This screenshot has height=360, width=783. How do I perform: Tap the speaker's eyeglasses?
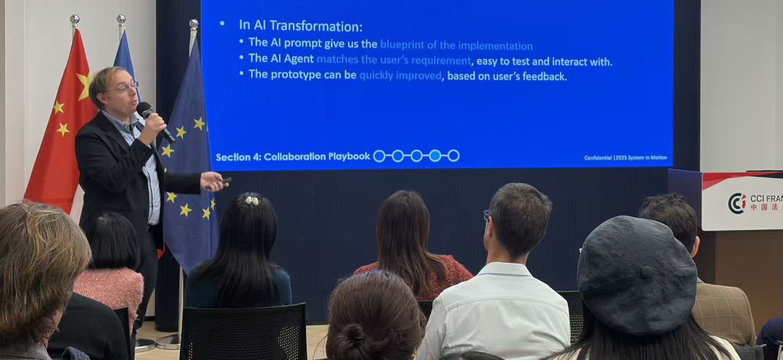coord(123,88)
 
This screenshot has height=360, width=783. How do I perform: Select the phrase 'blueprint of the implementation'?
coord(456,45)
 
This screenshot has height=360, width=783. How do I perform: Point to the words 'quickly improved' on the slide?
coord(400,76)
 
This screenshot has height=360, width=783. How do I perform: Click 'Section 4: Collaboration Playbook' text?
coord(292,156)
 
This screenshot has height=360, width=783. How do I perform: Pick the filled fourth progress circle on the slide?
coord(435,156)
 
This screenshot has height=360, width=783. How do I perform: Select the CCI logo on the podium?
coord(736,203)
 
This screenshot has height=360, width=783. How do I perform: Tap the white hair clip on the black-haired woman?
coord(251,199)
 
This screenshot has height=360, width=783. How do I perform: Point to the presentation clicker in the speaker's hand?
coord(224,181)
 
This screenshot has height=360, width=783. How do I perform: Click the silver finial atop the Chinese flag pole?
coord(73,20)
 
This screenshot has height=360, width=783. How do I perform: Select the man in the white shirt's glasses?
coord(487,215)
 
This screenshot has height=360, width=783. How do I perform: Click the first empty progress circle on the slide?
coord(379,156)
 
